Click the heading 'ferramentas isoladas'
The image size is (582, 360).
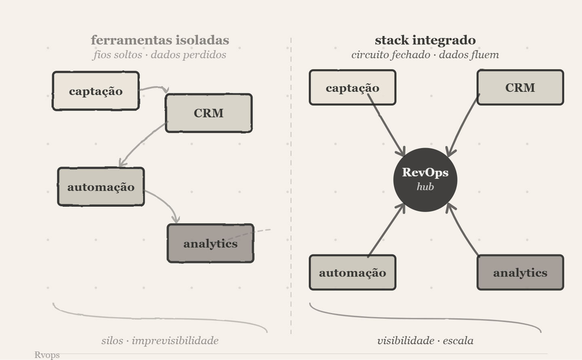tap(160, 40)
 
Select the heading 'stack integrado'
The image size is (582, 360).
tap(425, 40)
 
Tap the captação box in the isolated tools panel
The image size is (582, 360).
tap(96, 91)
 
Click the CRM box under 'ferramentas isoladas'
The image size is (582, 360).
tap(209, 113)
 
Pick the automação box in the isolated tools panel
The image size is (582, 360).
tap(101, 187)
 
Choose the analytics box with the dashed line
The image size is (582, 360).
tap(210, 244)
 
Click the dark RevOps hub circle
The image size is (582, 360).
tap(425, 180)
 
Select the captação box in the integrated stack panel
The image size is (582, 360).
tap(352, 88)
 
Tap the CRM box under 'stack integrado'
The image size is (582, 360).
tap(520, 88)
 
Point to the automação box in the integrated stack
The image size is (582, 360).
tap(352, 273)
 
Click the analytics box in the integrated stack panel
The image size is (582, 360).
tap(520, 273)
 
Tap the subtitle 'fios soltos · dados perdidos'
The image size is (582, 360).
tap(160, 55)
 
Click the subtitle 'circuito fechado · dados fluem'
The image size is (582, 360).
tap(425, 55)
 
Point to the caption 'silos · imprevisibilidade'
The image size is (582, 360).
tap(160, 341)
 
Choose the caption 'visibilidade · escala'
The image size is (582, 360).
tap(425, 341)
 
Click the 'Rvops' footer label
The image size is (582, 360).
tap(47, 355)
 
